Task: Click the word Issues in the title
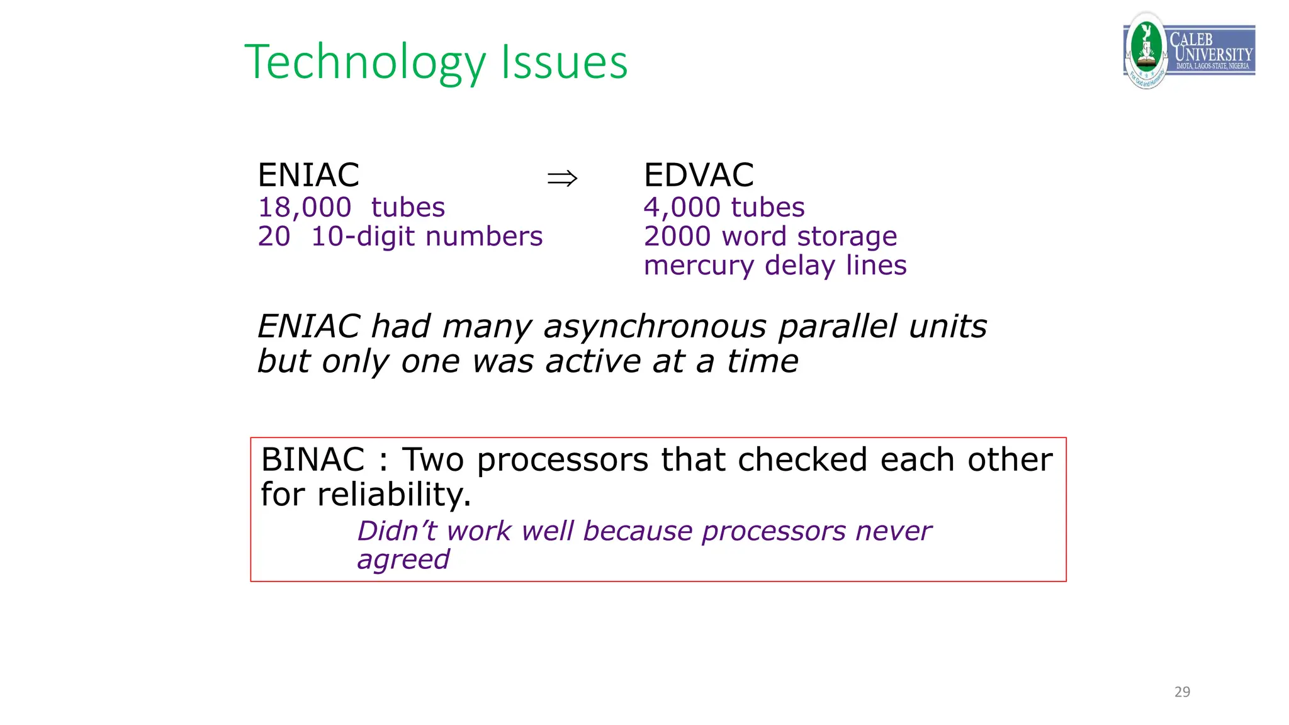pos(564,63)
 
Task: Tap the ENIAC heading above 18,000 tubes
pos(308,175)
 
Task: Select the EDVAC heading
pos(699,175)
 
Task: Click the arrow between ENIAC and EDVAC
pos(562,179)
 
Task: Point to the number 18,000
pos(305,208)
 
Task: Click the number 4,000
pos(682,208)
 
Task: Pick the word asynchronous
pos(655,327)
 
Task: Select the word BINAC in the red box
pos(313,460)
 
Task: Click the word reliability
pos(394,495)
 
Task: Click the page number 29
pos(1182,692)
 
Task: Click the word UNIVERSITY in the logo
pos(1213,54)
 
